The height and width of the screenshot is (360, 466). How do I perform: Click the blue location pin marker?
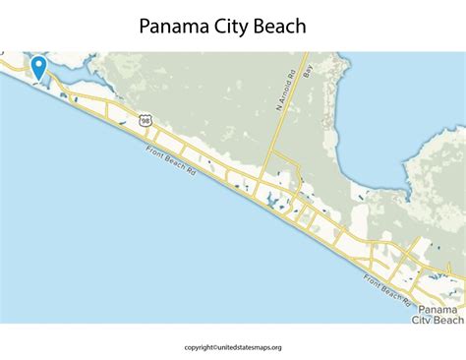click(x=38, y=67)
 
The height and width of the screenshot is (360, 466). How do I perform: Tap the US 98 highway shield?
click(x=146, y=120)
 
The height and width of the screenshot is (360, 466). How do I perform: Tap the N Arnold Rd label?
click(x=292, y=97)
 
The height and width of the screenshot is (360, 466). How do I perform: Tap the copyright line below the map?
click(x=233, y=346)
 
